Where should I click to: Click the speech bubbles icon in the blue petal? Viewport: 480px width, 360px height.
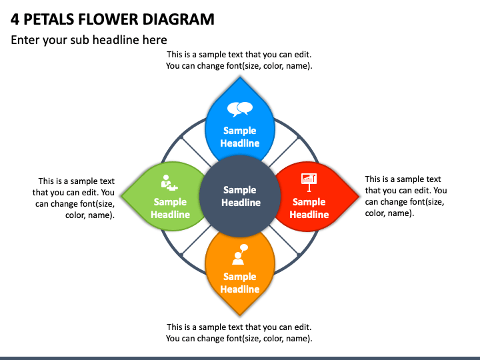(x=240, y=109)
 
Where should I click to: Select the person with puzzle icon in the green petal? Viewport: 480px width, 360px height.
(x=169, y=183)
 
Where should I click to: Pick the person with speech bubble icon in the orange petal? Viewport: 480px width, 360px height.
(x=240, y=255)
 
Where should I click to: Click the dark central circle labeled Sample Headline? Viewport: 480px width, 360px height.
(x=240, y=196)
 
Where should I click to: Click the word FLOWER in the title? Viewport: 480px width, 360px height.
(x=108, y=19)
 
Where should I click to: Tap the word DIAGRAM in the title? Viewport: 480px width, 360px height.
(x=178, y=19)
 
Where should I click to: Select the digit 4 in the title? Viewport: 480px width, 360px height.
(x=15, y=19)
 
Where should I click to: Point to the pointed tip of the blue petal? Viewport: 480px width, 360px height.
(x=240, y=77)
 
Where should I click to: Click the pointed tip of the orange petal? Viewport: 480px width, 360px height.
(x=240, y=315)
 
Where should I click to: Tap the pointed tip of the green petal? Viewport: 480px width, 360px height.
(x=121, y=196)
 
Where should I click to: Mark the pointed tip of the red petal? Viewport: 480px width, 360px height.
(x=359, y=196)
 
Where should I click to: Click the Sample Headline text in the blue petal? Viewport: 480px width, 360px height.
(x=240, y=137)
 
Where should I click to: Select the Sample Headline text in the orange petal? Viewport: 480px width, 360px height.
(x=240, y=283)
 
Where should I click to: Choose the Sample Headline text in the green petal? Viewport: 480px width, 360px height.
(x=170, y=208)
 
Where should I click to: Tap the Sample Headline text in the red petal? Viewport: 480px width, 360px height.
(x=309, y=208)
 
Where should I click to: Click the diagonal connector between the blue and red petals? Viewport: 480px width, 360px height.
(x=284, y=153)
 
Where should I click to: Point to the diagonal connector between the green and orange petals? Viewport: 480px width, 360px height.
(x=196, y=240)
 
